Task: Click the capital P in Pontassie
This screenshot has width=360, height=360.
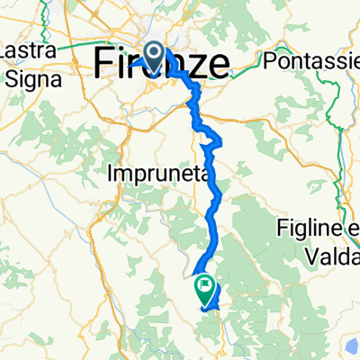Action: click(267, 62)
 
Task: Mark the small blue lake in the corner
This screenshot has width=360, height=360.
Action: click(351, 346)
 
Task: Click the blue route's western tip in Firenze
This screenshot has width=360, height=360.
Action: click(131, 64)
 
